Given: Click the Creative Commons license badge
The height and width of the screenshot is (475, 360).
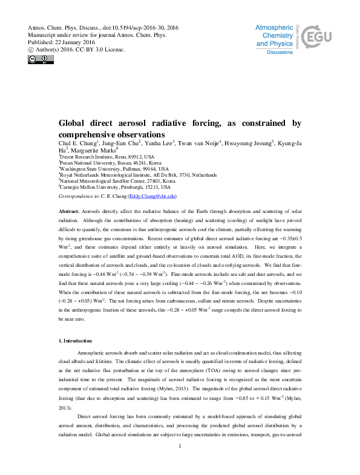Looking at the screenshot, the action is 41,59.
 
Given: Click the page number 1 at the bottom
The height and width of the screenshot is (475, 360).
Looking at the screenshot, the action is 180,463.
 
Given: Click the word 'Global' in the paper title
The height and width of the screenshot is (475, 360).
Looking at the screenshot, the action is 74,123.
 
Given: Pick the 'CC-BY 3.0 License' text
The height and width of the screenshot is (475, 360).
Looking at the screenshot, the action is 102,50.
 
